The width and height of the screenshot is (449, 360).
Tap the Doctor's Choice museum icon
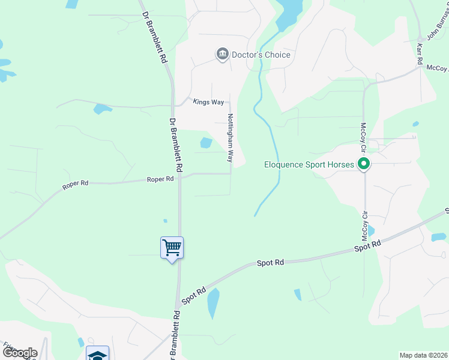[x=222, y=55]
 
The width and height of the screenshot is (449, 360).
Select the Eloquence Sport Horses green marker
[x=363, y=163]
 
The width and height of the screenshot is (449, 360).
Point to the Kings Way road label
[x=208, y=102]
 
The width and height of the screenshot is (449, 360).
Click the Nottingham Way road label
[x=229, y=138]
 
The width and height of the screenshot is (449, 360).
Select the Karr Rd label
[x=420, y=54]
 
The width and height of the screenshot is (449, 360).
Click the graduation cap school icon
[x=97, y=353]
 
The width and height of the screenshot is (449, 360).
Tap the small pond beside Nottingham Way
[x=206, y=143]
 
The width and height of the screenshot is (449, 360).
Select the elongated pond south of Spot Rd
[x=213, y=304]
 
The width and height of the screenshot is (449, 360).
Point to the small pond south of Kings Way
[x=102, y=109]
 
